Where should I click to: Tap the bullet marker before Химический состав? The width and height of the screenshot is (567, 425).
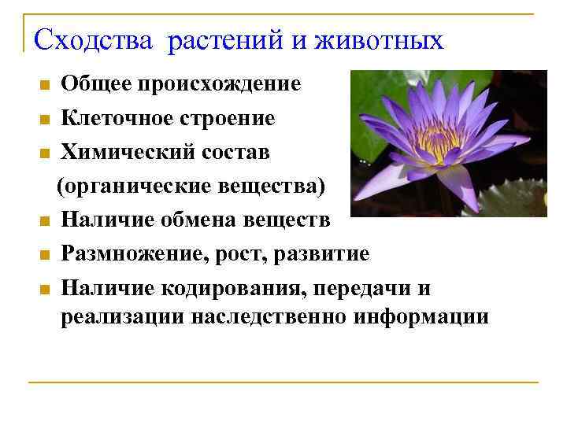click(45, 154)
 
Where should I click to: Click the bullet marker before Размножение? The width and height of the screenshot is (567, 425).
click(45, 256)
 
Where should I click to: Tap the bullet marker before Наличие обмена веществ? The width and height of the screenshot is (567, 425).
click(45, 222)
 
